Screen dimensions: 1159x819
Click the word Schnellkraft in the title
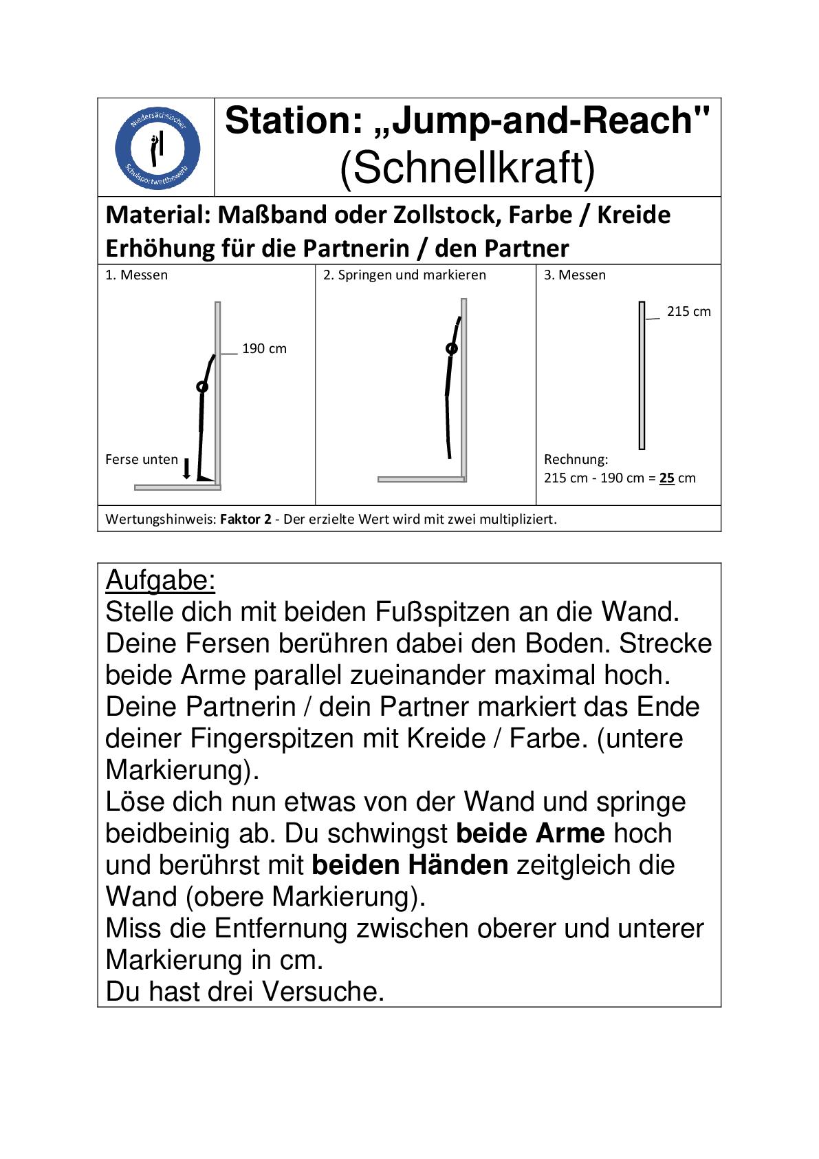467,169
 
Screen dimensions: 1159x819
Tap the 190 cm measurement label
264,349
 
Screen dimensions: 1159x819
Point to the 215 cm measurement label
688,312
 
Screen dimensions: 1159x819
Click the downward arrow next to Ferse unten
186,468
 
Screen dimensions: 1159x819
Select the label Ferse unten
142,459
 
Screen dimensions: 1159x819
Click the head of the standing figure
202,387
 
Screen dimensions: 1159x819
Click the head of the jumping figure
451,349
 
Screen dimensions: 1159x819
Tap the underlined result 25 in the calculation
666,478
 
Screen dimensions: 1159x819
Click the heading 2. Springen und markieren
405,275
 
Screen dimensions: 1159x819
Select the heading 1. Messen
136,275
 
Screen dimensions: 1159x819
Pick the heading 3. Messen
575,275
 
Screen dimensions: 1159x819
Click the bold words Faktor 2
245,519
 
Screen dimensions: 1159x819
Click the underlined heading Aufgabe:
160,581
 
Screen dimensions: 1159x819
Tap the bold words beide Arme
530,833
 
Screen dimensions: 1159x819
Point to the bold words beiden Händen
410,865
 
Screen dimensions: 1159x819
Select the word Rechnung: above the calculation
576,459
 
